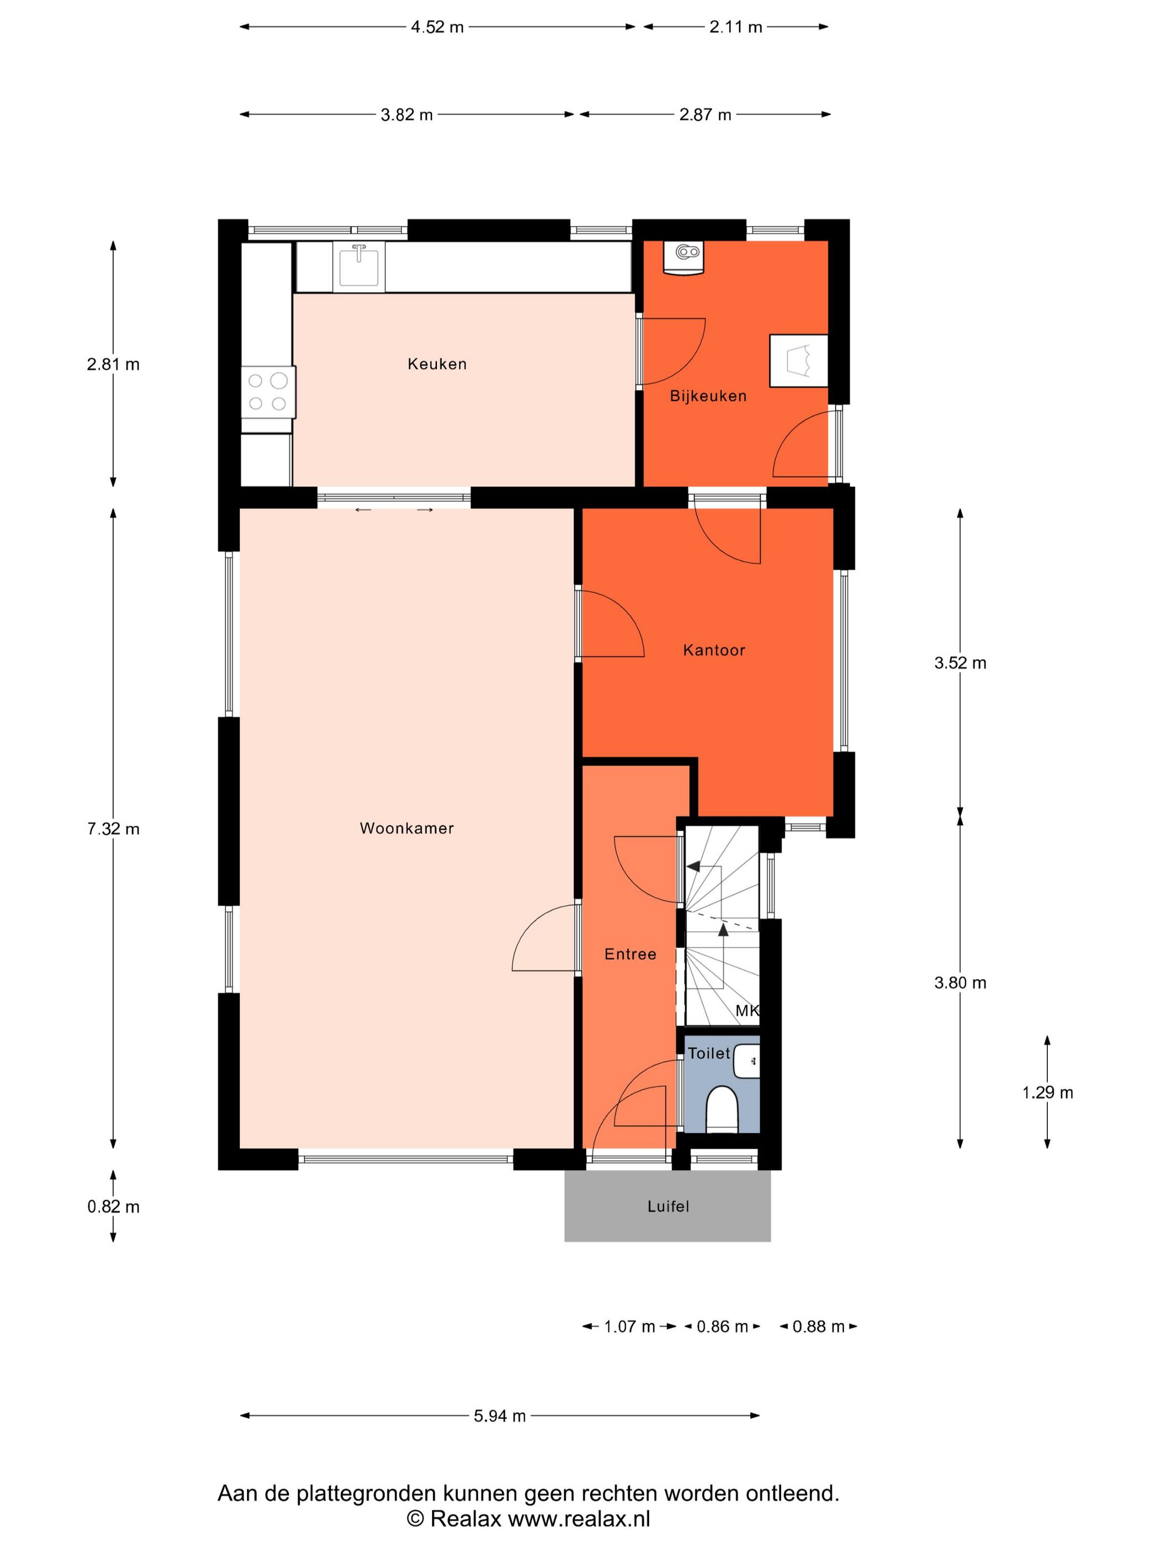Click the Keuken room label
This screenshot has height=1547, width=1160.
click(x=437, y=364)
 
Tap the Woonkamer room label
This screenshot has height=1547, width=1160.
click(x=407, y=828)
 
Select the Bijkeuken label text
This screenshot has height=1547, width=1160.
click(x=708, y=396)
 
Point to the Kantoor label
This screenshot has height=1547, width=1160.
click(x=714, y=650)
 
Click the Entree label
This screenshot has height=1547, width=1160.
click(x=630, y=954)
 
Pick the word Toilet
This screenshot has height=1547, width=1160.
click(x=709, y=1053)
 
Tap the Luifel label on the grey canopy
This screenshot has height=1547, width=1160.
click(x=668, y=1207)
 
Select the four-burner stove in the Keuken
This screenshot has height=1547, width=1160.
click(x=268, y=392)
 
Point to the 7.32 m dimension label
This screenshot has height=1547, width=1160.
click(x=113, y=829)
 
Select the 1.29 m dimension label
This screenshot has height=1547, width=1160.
click(x=1047, y=1092)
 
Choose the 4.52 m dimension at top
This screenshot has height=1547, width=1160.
click(x=437, y=27)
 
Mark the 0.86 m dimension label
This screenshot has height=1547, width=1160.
click(x=723, y=1327)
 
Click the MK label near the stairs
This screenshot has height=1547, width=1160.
click(x=747, y=1011)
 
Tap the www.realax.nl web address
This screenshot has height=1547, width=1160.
click(x=579, y=1518)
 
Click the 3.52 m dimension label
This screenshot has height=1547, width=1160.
click(x=960, y=663)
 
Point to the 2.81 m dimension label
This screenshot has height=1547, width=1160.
click(x=113, y=364)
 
